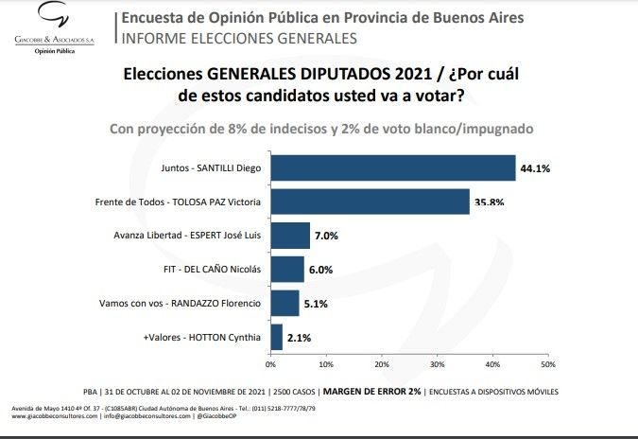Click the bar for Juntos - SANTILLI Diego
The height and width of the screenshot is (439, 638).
pos(392,168)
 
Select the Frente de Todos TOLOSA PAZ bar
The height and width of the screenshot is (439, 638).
pos(370,202)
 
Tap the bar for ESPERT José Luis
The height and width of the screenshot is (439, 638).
pos(290,236)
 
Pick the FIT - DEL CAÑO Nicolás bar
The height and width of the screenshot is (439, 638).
pos(287,269)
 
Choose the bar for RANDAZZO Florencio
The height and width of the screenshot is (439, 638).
pos(285,303)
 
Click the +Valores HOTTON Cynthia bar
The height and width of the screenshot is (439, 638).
pos(276,336)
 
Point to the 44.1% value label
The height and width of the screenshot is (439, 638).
pos(535,168)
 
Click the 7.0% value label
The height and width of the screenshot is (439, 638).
pos(327,236)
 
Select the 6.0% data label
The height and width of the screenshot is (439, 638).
pos(321,270)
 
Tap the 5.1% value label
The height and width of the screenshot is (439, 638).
pos(317,303)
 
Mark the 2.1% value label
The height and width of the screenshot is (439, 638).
pos(300,337)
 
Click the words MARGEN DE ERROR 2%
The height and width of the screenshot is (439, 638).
pos(372,391)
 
